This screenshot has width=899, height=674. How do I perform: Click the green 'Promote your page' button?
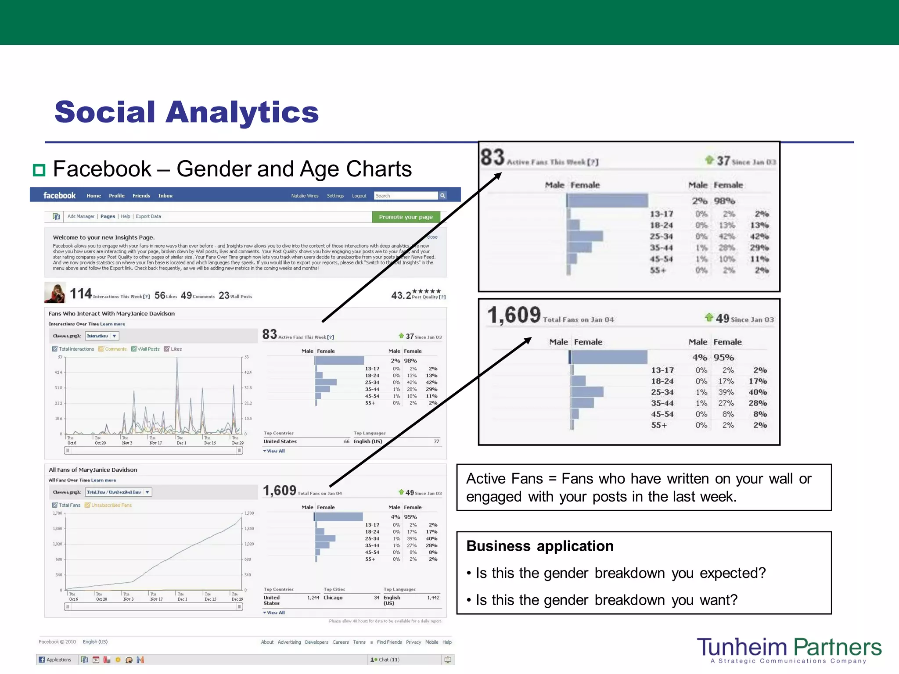[x=406, y=217]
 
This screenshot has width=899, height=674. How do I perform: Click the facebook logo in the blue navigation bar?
[x=59, y=196]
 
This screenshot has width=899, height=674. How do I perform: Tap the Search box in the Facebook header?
[x=406, y=196]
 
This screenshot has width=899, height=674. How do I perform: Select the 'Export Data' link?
[x=148, y=216]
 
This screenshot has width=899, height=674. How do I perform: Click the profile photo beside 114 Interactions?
[x=55, y=293]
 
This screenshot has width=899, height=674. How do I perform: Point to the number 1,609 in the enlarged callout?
[x=514, y=315]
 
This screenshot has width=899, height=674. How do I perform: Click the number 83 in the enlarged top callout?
[x=492, y=158]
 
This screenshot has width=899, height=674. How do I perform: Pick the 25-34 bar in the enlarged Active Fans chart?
[x=585, y=236]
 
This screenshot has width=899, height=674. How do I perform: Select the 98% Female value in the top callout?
[x=724, y=201]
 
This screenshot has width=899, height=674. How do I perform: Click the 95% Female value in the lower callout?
[x=723, y=358]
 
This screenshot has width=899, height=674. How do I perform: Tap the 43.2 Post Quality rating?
[x=401, y=295]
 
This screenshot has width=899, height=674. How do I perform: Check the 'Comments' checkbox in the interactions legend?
[x=101, y=349]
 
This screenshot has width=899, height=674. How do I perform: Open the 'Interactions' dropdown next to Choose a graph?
[x=102, y=336]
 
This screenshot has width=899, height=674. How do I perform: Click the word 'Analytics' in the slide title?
[x=242, y=112]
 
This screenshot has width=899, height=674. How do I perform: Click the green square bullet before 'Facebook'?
[x=39, y=170]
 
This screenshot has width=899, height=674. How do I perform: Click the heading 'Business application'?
[x=540, y=546]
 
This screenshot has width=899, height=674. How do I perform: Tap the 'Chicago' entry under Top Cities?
[x=333, y=598]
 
